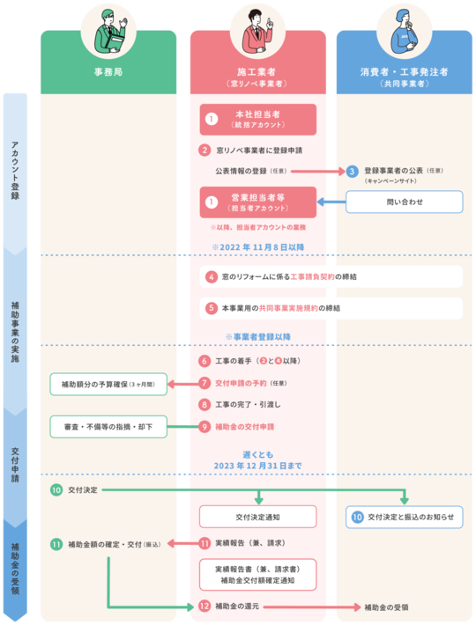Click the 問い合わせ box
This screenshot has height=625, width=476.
[405, 202]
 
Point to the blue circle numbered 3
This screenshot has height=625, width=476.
[352, 171]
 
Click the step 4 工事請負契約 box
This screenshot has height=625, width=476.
[331, 276]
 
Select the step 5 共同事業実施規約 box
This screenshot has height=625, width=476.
[331, 308]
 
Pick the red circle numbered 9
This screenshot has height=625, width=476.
[205, 427]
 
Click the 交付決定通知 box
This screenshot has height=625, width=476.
[257, 516]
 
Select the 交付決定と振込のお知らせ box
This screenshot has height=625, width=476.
[405, 517]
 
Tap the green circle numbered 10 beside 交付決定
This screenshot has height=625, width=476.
[56, 489]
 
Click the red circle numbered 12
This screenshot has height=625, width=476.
[205, 607]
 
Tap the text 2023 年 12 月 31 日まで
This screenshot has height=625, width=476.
[257, 464]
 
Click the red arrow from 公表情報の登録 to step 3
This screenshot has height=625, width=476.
[317, 171]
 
